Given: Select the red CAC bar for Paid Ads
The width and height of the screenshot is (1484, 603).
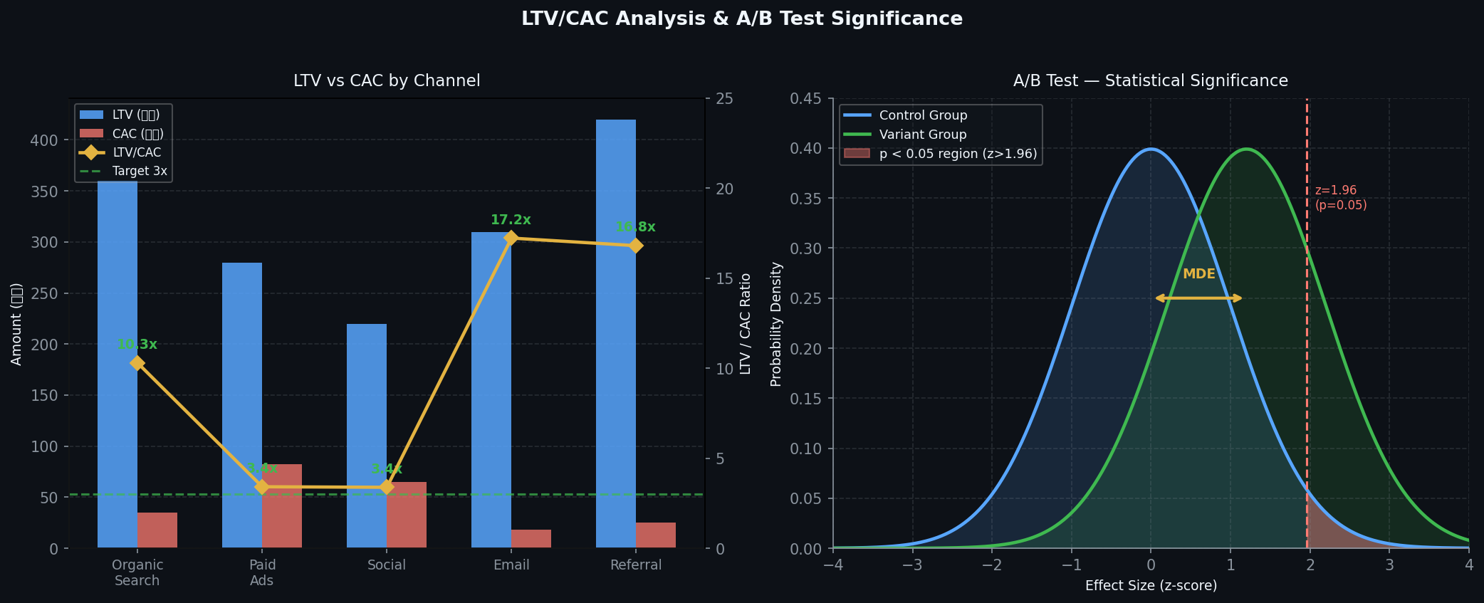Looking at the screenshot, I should tap(282, 506).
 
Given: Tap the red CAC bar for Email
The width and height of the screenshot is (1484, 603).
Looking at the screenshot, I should tap(531, 539).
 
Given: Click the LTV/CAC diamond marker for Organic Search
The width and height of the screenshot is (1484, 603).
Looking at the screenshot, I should tap(137, 363).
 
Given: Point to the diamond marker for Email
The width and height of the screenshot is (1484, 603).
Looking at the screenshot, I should tap(511, 238).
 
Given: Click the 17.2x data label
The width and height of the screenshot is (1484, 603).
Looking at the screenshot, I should tap(511, 220).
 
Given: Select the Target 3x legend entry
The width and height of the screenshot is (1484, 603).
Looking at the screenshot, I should tap(140, 171).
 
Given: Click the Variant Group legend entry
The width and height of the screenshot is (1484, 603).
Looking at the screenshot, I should tap(923, 135).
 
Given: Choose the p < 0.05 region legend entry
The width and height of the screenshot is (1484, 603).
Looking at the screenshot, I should tap(958, 154).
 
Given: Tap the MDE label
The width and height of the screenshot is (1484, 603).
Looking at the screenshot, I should tap(1198, 274).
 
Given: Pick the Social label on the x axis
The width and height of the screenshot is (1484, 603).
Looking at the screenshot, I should tap(387, 565).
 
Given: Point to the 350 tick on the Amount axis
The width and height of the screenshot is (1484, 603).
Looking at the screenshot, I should tap(44, 192).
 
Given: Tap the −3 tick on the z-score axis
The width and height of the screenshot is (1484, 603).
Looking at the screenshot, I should tap(912, 565).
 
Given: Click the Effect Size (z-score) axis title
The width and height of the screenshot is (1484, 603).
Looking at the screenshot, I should tap(1151, 586).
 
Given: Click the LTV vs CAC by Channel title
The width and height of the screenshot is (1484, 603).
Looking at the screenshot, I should tap(387, 81).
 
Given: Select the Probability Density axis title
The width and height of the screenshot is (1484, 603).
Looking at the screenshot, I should tap(776, 324).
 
